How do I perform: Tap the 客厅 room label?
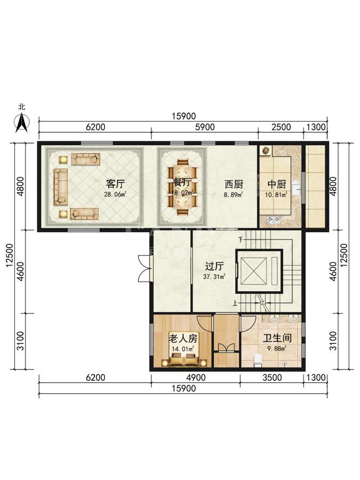(115, 184)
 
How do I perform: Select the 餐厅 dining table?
(183, 187)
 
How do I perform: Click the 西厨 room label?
(234, 185)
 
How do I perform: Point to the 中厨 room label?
(277, 185)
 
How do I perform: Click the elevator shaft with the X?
(253, 271)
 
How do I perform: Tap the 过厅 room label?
(214, 267)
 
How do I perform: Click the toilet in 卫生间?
(258, 361)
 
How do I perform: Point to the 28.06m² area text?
(115, 194)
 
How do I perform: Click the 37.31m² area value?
(214, 277)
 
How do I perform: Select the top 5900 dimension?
(205, 127)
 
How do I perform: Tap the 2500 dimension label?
(281, 127)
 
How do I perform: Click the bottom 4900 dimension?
(196, 378)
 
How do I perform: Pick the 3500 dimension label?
(272, 378)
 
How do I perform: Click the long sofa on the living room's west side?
(61, 187)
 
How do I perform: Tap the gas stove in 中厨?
(273, 219)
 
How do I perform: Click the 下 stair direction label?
(241, 239)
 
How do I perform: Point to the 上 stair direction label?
(235, 303)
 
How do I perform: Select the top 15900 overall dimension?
(183, 116)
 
